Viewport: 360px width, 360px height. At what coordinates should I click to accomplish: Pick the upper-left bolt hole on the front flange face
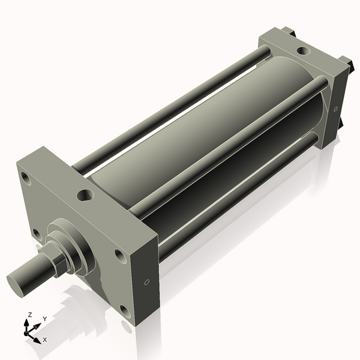click(25, 178)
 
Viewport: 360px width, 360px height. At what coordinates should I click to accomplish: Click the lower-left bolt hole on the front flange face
click(37, 233)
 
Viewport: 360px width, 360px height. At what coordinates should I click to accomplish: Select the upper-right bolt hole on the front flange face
click(121, 256)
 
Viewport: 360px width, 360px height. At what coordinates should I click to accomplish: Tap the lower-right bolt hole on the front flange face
click(124, 310)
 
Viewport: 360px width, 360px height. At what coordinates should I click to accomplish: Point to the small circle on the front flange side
click(147, 281)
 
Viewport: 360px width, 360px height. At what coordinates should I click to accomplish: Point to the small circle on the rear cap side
click(335, 109)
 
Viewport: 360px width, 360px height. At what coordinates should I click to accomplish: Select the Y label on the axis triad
click(45, 319)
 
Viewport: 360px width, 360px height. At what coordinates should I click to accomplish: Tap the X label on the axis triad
click(45, 340)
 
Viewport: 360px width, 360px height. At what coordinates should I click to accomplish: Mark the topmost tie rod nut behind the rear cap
click(287, 31)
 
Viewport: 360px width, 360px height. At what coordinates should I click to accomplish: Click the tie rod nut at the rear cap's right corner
click(346, 62)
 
